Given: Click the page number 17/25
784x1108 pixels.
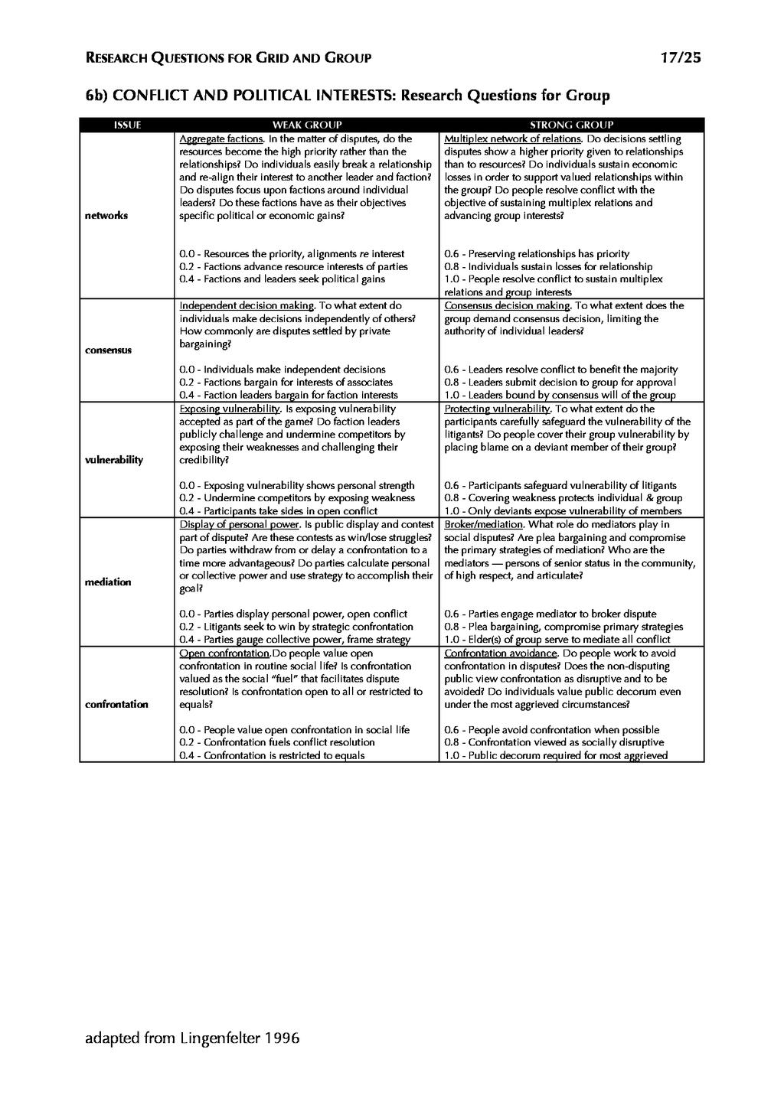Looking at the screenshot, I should pos(680,57).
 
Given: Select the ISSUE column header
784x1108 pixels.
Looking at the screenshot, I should pos(127,125).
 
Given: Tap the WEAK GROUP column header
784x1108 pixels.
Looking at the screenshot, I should pos(307,125).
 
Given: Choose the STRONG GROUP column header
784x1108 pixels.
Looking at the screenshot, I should pos(571,125).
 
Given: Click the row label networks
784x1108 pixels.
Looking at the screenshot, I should pos(106,216).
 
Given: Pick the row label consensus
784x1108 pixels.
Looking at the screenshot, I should pos(108,350).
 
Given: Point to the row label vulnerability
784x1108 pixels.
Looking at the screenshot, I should pos(114,460).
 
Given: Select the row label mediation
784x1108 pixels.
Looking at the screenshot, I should pos(108,582).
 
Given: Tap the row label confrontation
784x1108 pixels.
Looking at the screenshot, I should pos(116,704).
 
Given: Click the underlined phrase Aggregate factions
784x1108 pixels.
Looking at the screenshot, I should pos(221,139).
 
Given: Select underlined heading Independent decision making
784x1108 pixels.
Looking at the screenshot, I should pos(247,305).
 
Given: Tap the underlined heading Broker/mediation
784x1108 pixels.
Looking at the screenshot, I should pos(483,525).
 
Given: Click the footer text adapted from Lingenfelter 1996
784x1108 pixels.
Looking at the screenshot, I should pos(192,1038).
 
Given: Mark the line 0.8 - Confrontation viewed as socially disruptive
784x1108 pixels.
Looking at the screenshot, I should pos(554,742).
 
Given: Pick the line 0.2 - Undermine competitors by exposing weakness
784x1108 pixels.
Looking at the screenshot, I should pos(297,498).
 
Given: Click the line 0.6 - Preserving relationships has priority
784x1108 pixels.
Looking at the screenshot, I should pos(537,254).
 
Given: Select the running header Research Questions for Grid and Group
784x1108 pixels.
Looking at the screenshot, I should pos(228,57).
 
